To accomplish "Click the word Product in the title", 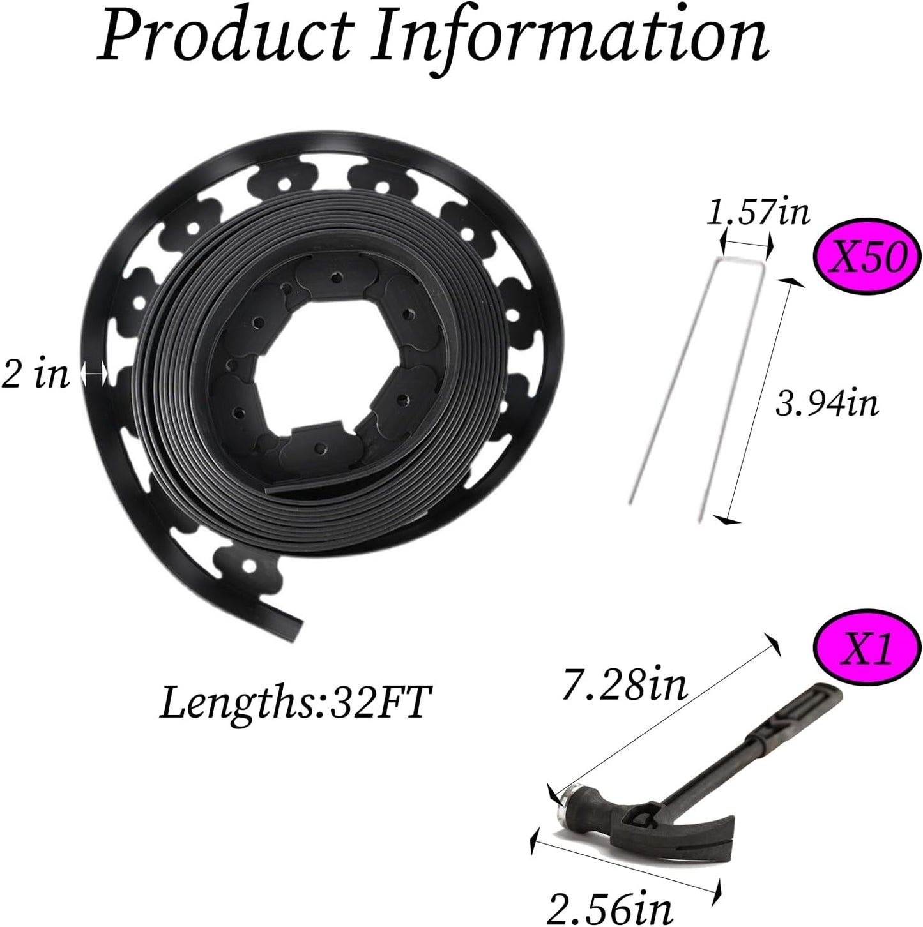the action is tap(222, 40).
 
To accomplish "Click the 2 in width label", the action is tap(35, 375).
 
